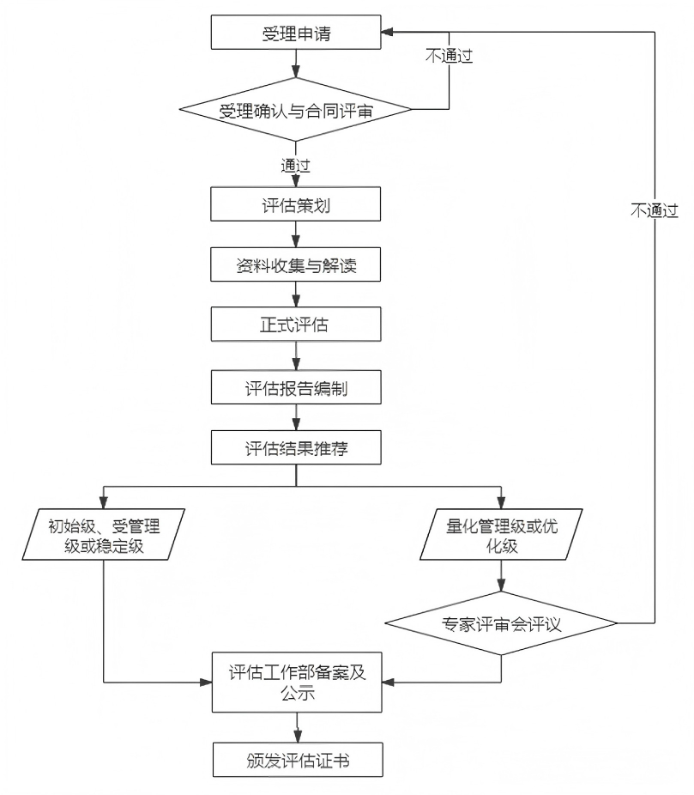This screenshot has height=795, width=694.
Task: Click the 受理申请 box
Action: (x=296, y=34)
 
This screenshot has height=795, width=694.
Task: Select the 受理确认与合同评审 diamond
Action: (x=296, y=110)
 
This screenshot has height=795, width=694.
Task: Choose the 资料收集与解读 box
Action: (x=296, y=266)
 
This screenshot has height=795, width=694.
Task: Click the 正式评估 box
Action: (x=296, y=326)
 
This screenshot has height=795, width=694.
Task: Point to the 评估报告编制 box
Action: (x=296, y=388)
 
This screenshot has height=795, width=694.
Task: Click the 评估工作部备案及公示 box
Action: (x=296, y=683)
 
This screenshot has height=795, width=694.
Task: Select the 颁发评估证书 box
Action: (x=296, y=759)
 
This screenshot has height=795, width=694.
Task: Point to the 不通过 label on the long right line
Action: (x=654, y=209)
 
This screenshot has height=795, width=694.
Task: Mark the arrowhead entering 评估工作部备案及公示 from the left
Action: (x=207, y=683)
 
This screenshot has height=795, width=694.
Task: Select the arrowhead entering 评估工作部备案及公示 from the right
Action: (x=387, y=683)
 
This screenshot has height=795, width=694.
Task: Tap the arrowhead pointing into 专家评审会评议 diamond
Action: (x=502, y=587)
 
